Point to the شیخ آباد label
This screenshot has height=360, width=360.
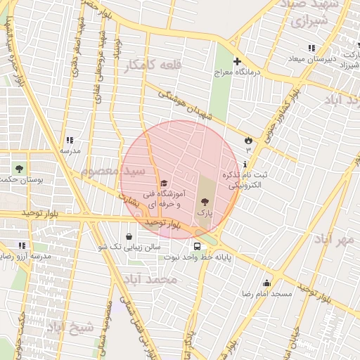(70, 327)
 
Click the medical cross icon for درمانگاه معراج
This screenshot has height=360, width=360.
(237, 61)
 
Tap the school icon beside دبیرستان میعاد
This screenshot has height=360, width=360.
(311, 48)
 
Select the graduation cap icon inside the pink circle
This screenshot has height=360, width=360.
(165, 184)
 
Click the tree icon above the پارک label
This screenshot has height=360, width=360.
(205, 202)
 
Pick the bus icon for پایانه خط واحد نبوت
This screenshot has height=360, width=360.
(197, 247)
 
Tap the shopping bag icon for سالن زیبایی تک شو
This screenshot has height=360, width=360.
(129, 236)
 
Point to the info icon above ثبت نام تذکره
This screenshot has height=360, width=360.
(244, 164)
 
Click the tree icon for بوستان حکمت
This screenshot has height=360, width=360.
(19, 169)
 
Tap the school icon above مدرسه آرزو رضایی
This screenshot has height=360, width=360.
(22, 245)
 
